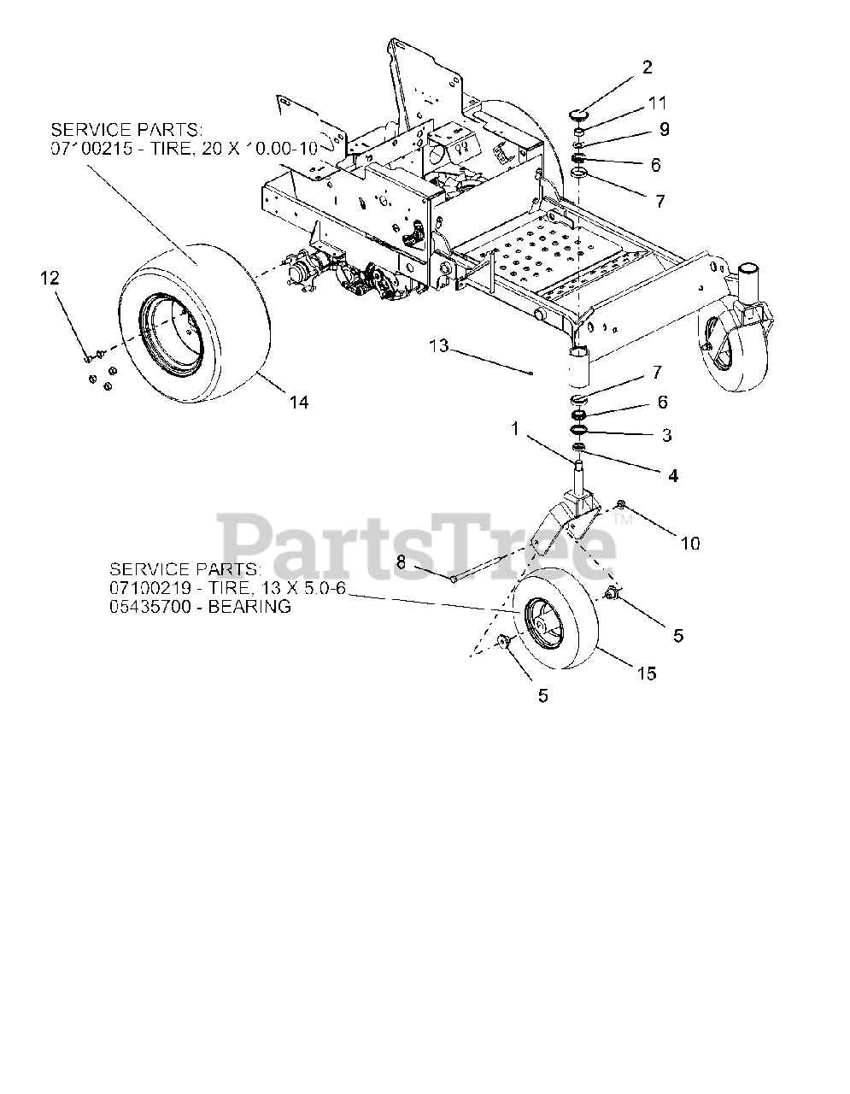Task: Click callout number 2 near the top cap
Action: tap(647, 68)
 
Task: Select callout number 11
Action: tap(656, 103)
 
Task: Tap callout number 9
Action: tap(663, 129)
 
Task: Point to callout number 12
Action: tap(50, 278)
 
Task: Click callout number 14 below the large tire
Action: tap(298, 402)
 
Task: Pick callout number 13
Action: tap(438, 345)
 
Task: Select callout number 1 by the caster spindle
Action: tap(515, 430)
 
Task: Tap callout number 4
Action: tap(672, 475)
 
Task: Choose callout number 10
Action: tap(689, 543)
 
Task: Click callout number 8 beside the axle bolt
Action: tap(401, 563)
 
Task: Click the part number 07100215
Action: tap(87, 148)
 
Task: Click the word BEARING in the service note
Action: tap(252, 607)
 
